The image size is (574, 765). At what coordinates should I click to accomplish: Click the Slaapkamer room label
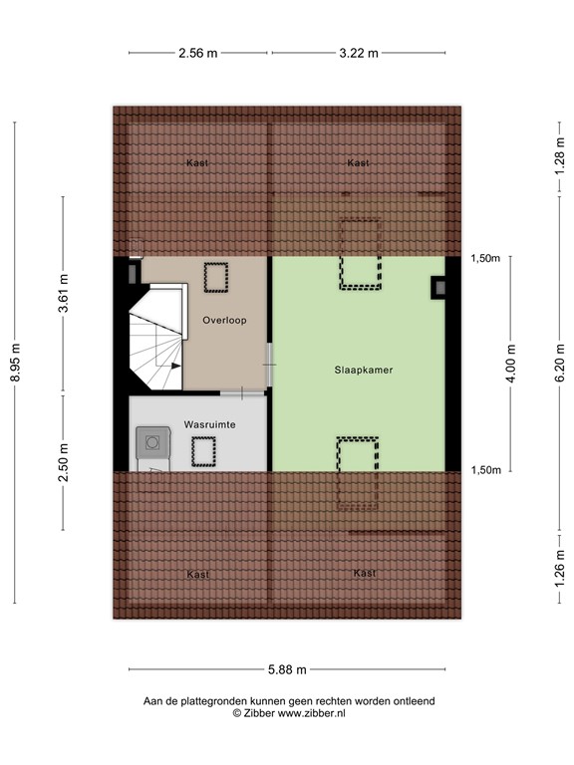(x=364, y=370)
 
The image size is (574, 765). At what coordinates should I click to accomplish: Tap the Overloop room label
(x=224, y=321)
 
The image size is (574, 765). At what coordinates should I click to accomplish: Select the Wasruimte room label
(x=209, y=424)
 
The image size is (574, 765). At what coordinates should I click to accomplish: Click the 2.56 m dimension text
(x=198, y=54)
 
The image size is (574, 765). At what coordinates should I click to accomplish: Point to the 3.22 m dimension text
(x=359, y=54)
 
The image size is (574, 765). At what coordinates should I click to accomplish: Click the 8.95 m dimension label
(x=16, y=363)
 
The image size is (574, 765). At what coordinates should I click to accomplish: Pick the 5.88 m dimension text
(x=286, y=670)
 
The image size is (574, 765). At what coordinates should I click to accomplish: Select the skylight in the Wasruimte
(x=205, y=452)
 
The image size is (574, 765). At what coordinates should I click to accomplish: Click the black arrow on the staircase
(x=174, y=367)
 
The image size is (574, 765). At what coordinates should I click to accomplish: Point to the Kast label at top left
(x=197, y=162)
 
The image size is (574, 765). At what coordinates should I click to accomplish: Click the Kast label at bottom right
(x=364, y=573)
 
